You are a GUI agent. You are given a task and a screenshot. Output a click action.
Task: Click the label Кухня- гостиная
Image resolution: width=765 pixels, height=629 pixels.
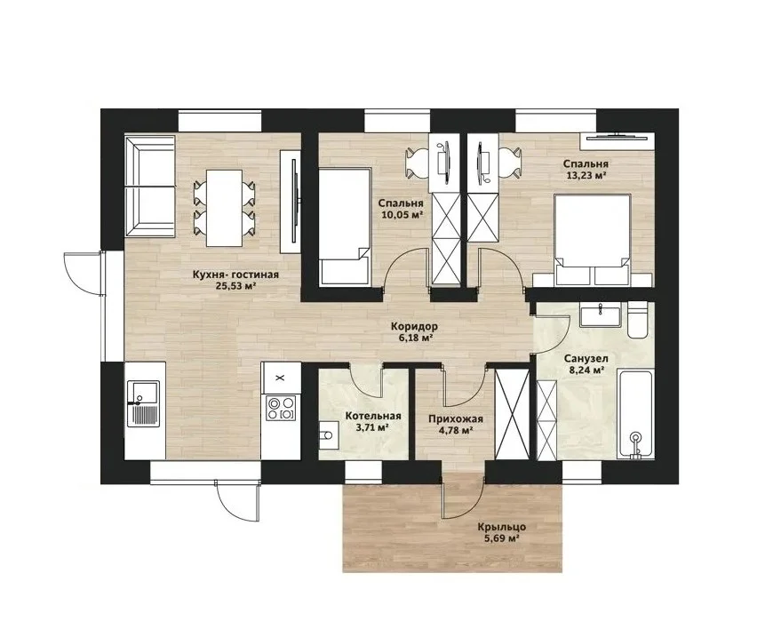(x=235, y=275)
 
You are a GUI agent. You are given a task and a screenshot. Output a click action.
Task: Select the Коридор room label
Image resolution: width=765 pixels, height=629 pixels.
(x=414, y=326)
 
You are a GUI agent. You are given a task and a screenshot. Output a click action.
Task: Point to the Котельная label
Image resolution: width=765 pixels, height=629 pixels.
(x=373, y=417)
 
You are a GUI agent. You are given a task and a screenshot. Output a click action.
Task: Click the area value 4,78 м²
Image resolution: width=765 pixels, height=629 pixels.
(x=455, y=430)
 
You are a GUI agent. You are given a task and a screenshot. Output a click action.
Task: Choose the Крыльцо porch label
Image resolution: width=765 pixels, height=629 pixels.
(x=501, y=527)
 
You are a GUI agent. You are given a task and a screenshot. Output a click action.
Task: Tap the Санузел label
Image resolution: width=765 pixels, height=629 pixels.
(x=586, y=359)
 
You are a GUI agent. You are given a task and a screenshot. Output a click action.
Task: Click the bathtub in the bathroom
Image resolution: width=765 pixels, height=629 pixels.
(x=634, y=414)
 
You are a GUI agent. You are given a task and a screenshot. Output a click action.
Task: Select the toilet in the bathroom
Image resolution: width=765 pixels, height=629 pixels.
(x=638, y=320)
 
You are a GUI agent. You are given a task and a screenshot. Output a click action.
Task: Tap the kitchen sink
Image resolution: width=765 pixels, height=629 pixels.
(x=143, y=404)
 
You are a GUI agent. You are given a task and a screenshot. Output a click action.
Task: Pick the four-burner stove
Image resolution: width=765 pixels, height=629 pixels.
(x=280, y=408)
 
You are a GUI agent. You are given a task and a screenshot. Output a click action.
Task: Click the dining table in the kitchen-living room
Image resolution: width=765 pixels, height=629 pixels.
(x=225, y=208)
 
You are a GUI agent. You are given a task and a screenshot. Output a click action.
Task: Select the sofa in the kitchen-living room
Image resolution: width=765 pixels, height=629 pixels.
(x=149, y=187)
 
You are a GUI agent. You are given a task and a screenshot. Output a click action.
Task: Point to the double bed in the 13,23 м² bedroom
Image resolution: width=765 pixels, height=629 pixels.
(x=593, y=237)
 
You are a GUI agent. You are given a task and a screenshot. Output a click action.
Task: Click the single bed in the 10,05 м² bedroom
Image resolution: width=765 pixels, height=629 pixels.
(x=345, y=226)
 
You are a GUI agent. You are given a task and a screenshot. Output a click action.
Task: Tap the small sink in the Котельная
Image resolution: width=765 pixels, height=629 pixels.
(x=328, y=434)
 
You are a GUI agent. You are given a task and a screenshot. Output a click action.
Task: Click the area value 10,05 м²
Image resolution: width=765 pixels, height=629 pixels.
(x=401, y=214)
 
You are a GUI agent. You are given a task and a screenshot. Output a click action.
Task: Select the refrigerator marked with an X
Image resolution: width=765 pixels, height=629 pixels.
(x=280, y=378)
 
